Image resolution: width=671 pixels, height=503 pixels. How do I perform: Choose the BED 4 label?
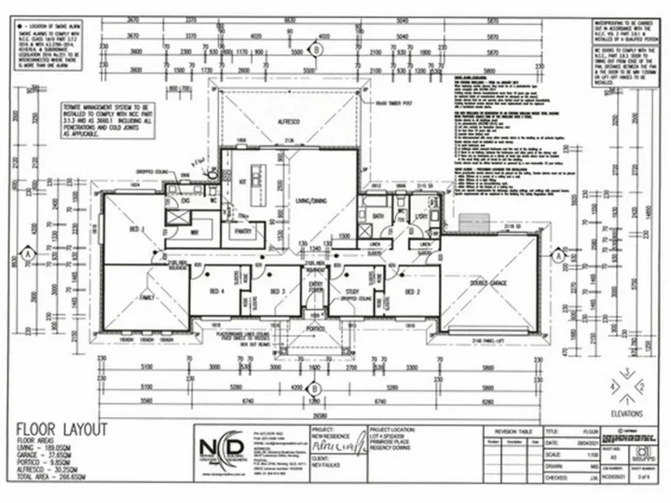[217, 292]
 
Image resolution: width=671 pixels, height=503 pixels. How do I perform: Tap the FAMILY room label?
[145, 297]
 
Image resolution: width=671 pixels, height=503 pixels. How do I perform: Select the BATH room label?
[377, 216]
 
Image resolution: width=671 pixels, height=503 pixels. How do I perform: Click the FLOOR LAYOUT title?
[62, 429]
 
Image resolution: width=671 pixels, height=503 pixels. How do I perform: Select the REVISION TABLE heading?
[511, 432]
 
